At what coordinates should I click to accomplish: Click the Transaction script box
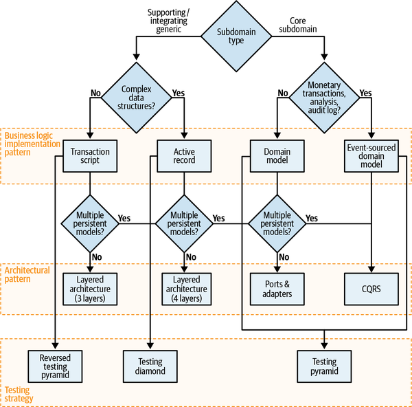(90, 156)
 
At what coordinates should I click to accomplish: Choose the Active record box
(183, 156)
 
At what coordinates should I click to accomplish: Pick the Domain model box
(277, 156)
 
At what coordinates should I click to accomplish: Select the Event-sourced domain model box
(371, 156)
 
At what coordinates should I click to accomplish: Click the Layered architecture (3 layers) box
(90, 289)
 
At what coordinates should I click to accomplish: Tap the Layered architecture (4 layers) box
(183, 289)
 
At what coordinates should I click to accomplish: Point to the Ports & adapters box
(277, 289)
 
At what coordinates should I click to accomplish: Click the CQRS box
(371, 289)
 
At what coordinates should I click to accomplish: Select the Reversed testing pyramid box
(56, 366)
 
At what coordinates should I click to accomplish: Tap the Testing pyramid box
(324, 366)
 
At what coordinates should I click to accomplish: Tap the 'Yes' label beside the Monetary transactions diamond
(366, 92)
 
